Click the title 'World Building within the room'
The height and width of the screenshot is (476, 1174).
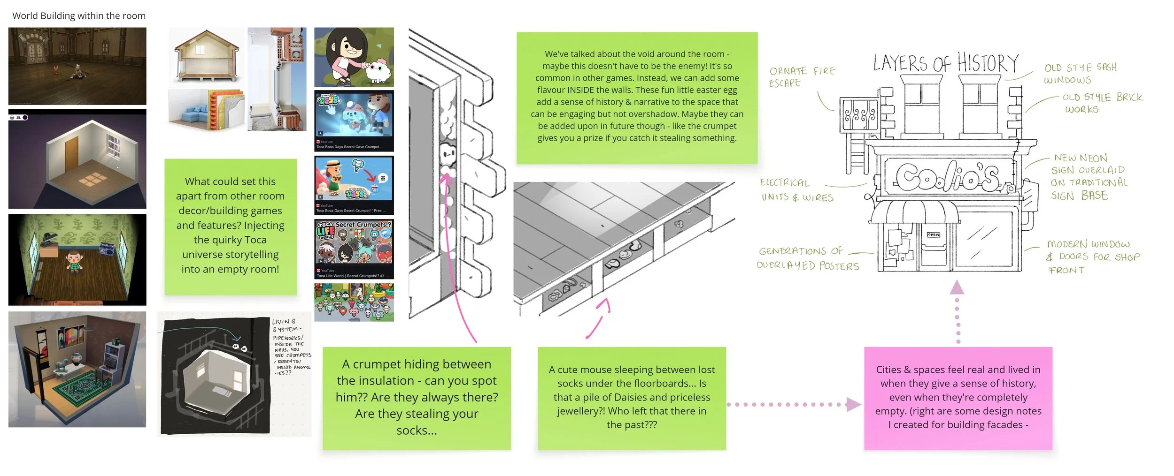click(x=79, y=15)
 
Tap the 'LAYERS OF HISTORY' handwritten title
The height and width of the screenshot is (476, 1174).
click(x=945, y=63)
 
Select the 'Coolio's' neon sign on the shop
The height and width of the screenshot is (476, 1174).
click(x=949, y=176)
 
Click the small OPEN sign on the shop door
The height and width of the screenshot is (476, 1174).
click(x=933, y=234)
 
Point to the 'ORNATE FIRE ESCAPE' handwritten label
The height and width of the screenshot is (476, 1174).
click(x=802, y=77)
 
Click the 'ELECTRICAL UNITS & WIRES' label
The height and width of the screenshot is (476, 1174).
click(x=797, y=190)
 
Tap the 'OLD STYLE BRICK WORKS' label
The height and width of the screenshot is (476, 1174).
click(x=1102, y=103)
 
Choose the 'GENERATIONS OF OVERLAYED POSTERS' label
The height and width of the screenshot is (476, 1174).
click(x=807, y=258)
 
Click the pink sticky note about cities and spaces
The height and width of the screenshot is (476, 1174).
click(x=958, y=398)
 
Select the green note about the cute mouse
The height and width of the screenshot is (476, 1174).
click(x=632, y=398)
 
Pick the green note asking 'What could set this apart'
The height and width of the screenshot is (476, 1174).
click(x=230, y=226)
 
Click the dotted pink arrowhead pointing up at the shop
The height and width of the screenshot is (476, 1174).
click(x=957, y=287)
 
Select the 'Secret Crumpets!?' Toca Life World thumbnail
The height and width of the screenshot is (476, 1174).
click(x=354, y=249)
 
